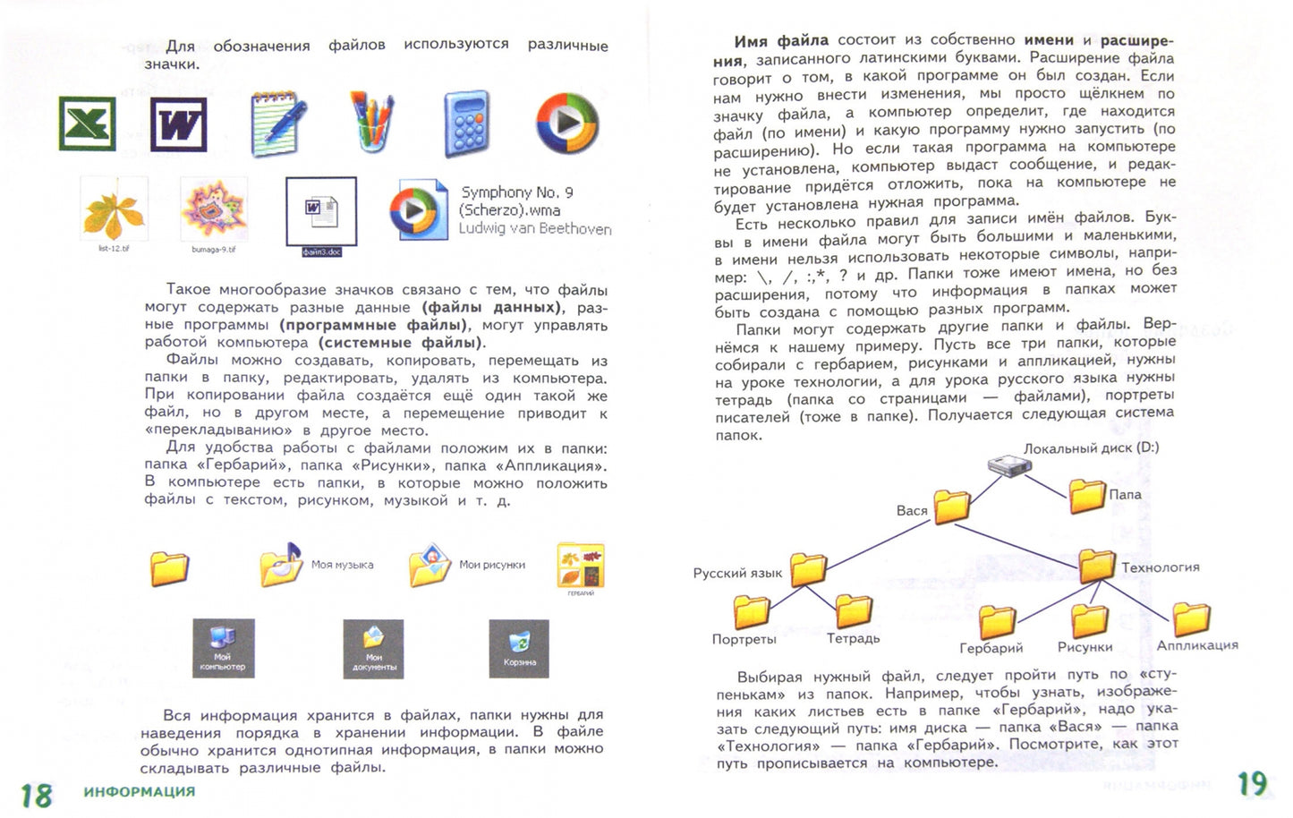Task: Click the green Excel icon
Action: [x=87, y=123]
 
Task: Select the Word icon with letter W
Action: [x=178, y=124]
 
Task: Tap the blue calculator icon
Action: [x=466, y=124]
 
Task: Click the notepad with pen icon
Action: [x=276, y=123]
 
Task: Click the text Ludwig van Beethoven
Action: [x=534, y=229]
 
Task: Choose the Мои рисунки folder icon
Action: [x=430, y=564]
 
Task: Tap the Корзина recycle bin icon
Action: [x=519, y=647]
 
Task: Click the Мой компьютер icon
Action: [x=223, y=647]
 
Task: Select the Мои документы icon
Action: [x=373, y=647]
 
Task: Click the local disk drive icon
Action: [x=1009, y=464]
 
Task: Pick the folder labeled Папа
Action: [x=1087, y=496]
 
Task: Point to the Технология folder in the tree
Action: [x=1096, y=567]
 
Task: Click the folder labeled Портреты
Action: [x=752, y=612]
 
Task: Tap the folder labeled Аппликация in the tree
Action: [x=1191, y=618]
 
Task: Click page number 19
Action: [x=1252, y=784]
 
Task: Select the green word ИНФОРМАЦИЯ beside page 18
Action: [x=139, y=792]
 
